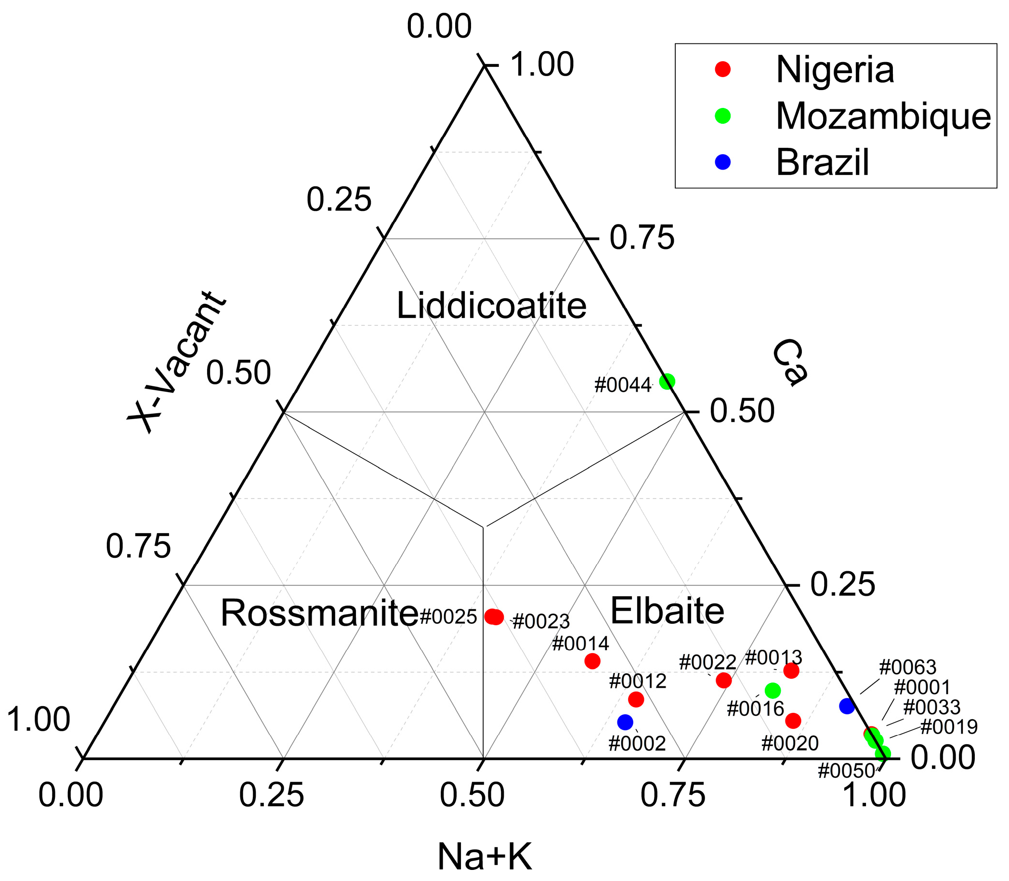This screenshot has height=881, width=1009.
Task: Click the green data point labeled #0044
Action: click(x=667, y=381)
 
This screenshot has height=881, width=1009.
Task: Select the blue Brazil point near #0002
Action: click(x=625, y=722)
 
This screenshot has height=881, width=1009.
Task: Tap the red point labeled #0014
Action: click(x=592, y=661)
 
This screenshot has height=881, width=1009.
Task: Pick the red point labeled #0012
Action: click(x=636, y=699)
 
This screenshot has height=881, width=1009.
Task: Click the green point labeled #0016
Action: click(x=773, y=691)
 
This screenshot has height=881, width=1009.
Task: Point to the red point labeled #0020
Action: click(x=793, y=721)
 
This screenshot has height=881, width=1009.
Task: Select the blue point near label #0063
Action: click(x=847, y=707)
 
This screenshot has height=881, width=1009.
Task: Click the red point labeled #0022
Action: click(x=723, y=681)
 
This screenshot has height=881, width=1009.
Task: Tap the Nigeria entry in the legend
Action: click(x=835, y=70)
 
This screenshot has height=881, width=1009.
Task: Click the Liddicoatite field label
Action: click(x=491, y=306)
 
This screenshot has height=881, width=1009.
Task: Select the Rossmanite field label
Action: click(x=319, y=613)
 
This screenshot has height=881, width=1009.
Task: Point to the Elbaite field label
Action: click(x=667, y=611)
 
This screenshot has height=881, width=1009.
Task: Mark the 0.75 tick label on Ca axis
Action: click(x=642, y=238)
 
